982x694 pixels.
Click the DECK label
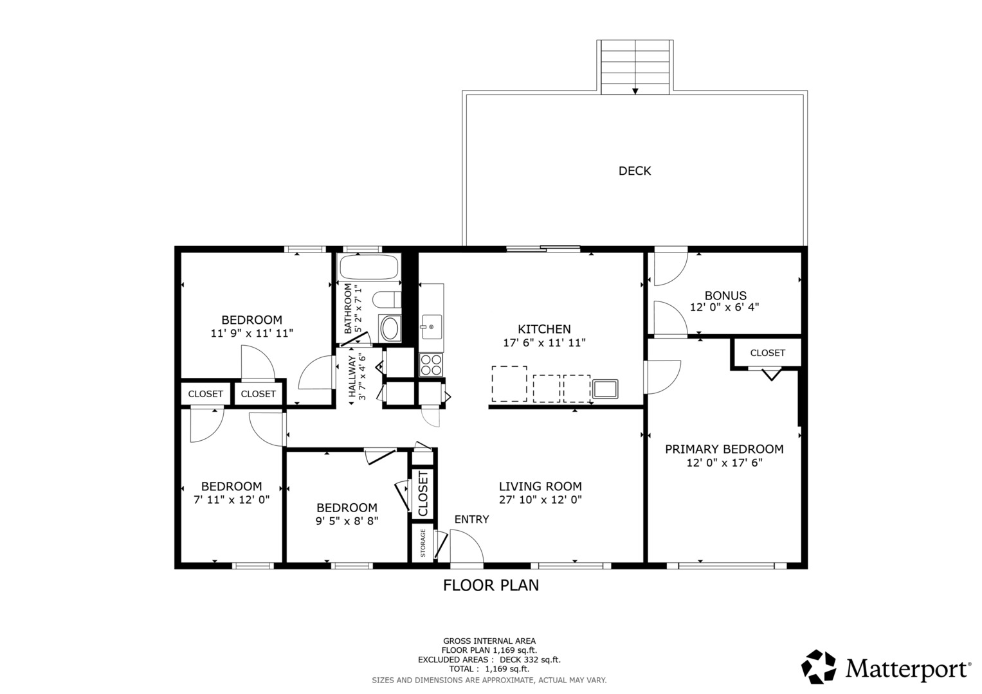pyautogui.click(x=634, y=171)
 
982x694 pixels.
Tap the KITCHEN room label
pyautogui.click(x=544, y=329)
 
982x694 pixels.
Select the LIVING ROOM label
pyautogui.click(x=540, y=486)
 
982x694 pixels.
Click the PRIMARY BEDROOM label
pyautogui.click(x=724, y=449)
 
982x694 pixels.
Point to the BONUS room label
pyautogui.click(x=725, y=296)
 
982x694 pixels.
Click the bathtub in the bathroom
pyautogui.click(x=368, y=267)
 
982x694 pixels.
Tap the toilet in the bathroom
pyautogui.click(x=386, y=299)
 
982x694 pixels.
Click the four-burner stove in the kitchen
pyautogui.click(x=431, y=364)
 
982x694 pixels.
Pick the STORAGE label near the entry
pyautogui.click(x=423, y=543)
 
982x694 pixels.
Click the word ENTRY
pyautogui.click(x=471, y=519)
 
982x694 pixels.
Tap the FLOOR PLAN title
pyautogui.click(x=491, y=585)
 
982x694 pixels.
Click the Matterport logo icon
pyautogui.click(x=818, y=667)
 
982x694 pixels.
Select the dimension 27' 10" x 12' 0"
pyautogui.click(x=540, y=500)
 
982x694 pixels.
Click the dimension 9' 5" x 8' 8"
pyautogui.click(x=347, y=521)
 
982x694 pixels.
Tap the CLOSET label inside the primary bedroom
pyautogui.click(x=768, y=353)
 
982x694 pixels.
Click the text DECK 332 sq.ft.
pyautogui.click(x=530, y=660)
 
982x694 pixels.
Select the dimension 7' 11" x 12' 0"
pyautogui.click(x=232, y=499)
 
